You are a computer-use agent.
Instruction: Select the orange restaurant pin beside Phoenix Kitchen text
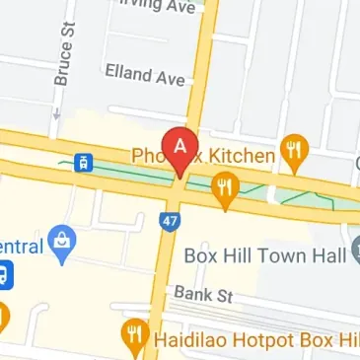point(293,151)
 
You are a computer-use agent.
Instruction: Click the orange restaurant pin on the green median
point(229,189)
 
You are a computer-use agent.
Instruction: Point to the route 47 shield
point(170,221)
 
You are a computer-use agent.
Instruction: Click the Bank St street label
point(201,294)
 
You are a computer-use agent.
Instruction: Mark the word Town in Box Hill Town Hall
point(283,254)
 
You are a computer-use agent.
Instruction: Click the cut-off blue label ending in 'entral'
point(22,245)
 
